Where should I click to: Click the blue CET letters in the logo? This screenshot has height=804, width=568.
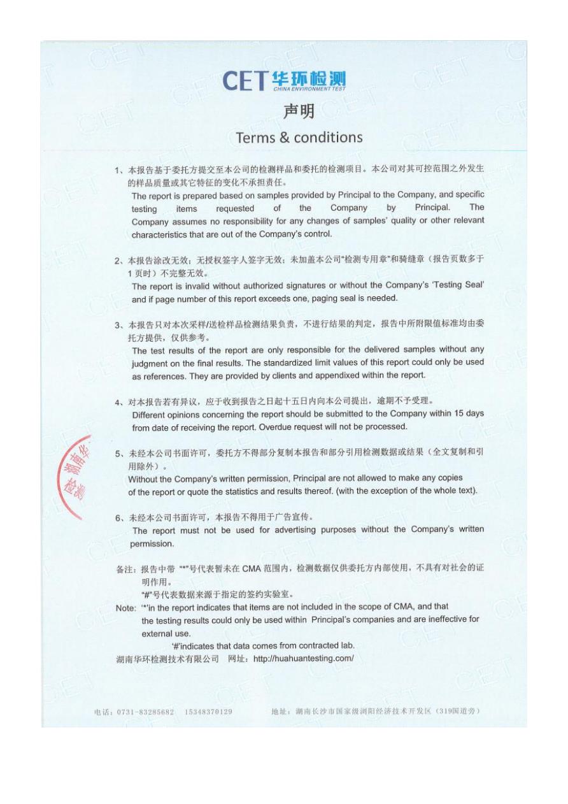[x=245, y=82]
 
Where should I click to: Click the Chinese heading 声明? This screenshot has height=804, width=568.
[x=299, y=112]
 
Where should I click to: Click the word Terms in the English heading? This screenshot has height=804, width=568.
[x=255, y=137]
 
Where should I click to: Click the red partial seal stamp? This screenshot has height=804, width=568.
[x=78, y=477]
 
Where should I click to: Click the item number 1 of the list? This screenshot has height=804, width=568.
[x=118, y=171]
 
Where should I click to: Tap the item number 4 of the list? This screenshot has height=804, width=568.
[x=118, y=402]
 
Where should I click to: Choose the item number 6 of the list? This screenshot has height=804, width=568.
[x=118, y=517]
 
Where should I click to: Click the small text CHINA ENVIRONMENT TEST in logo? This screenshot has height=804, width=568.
[x=309, y=89]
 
